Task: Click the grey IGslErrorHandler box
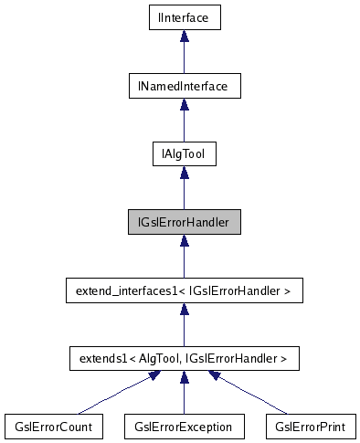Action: click(x=184, y=221)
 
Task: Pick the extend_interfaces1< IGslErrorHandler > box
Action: click(x=184, y=291)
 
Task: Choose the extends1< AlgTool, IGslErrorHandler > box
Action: click(x=184, y=359)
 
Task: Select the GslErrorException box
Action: click(x=184, y=427)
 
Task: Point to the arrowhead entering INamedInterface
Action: click(x=184, y=105)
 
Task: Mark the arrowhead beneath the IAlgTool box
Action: click(x=184, y=173)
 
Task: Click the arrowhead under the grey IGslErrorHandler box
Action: click(x=184, y=240)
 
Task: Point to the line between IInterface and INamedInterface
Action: click(x=184, y=57)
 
